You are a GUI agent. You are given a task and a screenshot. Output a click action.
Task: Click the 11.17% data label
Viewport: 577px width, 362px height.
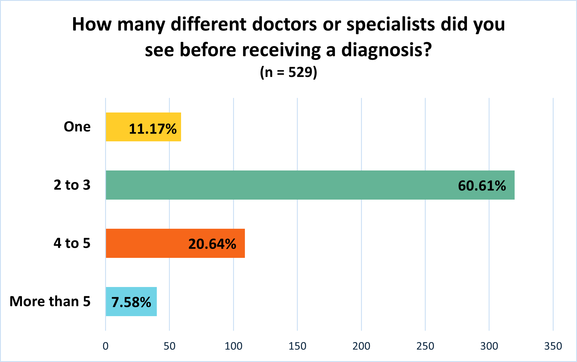[152, 129]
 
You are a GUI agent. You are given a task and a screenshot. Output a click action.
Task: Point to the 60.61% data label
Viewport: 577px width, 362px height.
[482, 186]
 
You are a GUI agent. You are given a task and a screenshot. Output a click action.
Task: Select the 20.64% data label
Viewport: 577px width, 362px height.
[212, 244]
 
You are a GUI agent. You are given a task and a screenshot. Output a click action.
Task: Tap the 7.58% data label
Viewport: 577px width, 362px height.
[131, 302]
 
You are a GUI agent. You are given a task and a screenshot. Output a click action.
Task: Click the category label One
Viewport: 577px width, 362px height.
[77, 127]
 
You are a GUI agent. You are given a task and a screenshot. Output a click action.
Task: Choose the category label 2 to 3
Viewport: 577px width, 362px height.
[72, 185]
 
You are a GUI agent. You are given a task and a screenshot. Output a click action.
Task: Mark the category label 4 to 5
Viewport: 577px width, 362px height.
[72, 243]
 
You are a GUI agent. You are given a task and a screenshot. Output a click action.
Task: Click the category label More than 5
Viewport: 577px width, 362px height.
[50, 301]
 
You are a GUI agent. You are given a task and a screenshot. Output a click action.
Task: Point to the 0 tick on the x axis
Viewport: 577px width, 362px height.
[106, 346]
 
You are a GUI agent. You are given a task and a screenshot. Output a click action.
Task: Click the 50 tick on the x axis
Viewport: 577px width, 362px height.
[170, 346]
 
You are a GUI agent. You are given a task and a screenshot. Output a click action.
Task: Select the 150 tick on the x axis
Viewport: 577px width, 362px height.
[297, 346]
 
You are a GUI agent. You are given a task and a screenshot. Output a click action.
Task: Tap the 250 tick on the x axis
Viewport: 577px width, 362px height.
[425, 346]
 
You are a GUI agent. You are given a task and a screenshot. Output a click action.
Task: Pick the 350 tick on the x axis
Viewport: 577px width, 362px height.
[553, 346]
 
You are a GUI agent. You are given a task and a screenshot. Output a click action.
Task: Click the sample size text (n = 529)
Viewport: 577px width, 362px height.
[288, 72]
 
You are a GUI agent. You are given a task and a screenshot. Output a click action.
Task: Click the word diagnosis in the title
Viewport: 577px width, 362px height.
[386, 50]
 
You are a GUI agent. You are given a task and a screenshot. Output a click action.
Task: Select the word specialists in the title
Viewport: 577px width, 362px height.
[391, 24]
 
